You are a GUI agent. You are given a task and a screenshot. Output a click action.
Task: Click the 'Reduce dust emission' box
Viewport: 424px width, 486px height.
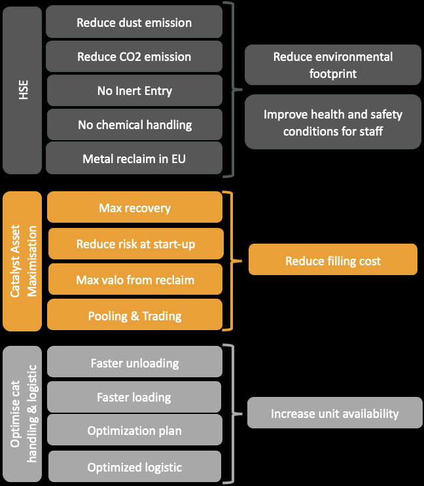134,22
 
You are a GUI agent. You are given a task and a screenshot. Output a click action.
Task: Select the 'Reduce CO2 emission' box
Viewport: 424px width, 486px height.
134,57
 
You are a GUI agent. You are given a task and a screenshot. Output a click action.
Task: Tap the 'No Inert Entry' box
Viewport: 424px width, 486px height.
134,91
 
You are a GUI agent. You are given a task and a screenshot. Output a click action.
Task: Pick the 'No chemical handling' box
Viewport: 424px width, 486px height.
134,124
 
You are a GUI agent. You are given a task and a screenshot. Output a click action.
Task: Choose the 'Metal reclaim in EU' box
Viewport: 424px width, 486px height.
134,159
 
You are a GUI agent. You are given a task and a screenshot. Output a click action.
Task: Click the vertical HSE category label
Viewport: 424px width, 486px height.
23,90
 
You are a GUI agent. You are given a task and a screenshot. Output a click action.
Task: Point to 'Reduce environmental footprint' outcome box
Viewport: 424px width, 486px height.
332,65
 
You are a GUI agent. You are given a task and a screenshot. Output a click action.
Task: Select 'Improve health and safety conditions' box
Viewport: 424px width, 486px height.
332,122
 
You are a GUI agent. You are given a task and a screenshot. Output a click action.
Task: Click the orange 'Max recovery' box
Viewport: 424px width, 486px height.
134,208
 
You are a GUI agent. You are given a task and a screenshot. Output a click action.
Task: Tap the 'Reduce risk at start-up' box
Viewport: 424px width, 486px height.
135,244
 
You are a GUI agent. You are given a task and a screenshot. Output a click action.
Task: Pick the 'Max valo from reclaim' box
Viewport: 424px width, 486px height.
135,280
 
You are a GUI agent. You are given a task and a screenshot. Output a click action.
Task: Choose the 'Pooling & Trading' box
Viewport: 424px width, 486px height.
134,316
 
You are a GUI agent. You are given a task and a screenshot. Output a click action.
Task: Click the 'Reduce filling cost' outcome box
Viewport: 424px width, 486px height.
332,261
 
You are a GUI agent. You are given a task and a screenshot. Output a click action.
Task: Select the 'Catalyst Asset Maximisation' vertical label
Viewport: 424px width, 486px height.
23,261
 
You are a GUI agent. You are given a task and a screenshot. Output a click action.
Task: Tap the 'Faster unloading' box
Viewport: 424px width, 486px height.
134,363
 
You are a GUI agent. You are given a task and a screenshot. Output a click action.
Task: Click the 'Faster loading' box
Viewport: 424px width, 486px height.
134,397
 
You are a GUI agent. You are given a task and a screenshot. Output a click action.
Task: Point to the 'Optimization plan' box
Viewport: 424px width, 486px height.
134,431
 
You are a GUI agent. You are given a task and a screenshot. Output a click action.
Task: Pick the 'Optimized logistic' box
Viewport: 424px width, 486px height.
134,467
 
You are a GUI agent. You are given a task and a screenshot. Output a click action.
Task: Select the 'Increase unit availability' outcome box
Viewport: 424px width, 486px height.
334,413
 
